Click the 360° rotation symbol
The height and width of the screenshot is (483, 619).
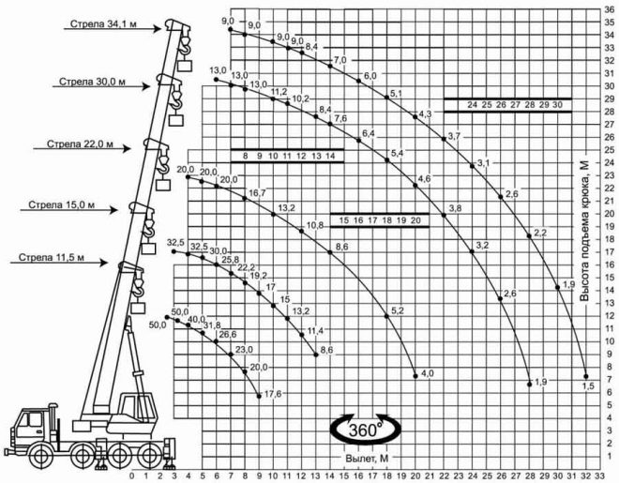coord(366,430)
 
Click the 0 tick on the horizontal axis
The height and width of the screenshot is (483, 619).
coord(132,475)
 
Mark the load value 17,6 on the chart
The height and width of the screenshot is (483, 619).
coord(273,394)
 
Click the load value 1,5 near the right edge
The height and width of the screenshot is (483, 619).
coord(588,385)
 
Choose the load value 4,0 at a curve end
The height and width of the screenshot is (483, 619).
coord(427,374)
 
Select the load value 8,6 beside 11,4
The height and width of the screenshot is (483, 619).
coord(327,350)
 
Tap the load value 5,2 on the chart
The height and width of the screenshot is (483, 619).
coord(397,310)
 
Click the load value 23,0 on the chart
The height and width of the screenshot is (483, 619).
coord(245,349)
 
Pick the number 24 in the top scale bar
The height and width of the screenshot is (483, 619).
coord(473,105)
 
